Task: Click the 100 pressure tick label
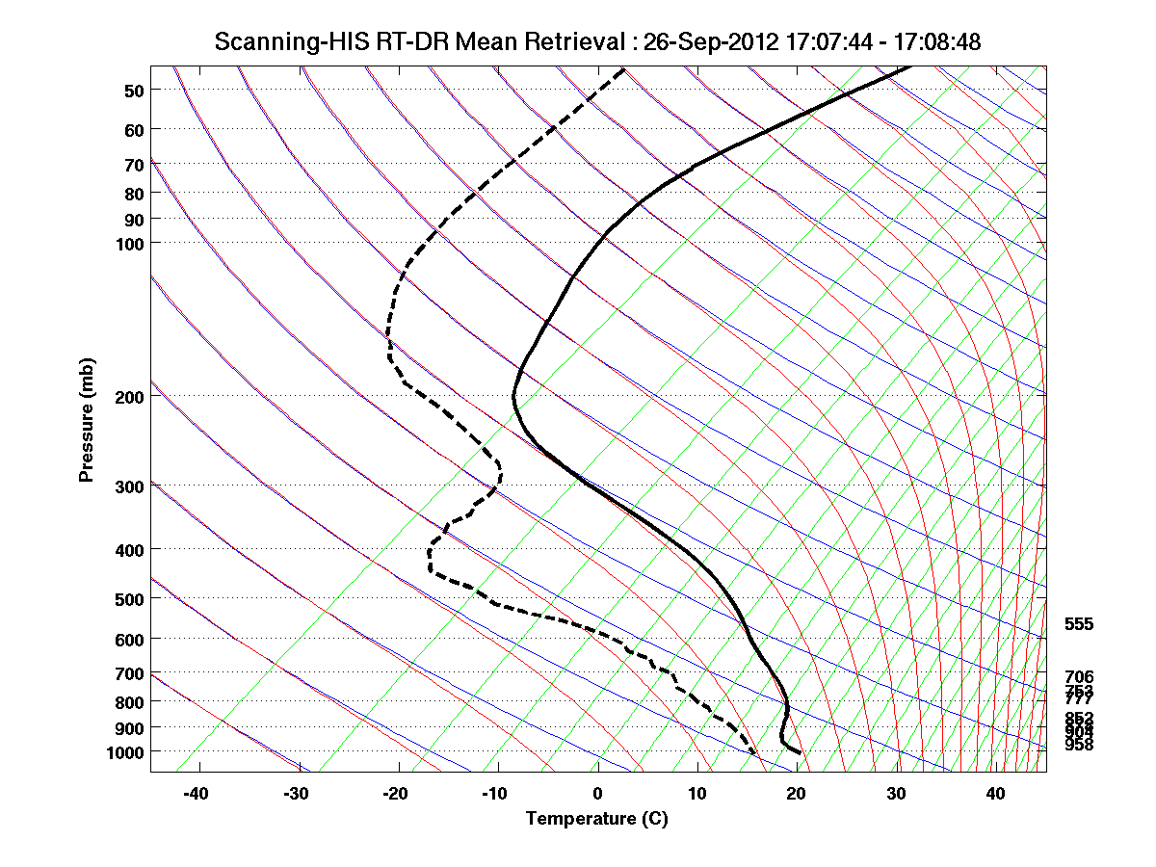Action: (131, 242)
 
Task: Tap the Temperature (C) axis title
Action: (596, 819)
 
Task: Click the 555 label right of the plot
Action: (1079, 624)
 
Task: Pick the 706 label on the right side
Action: (1079, 676)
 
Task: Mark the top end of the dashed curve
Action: (623, 69)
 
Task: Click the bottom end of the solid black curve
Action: (800, 752)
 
